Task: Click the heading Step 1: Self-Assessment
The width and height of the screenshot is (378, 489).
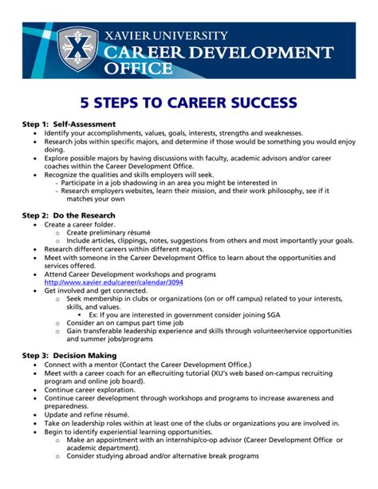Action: tap(69, 124)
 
